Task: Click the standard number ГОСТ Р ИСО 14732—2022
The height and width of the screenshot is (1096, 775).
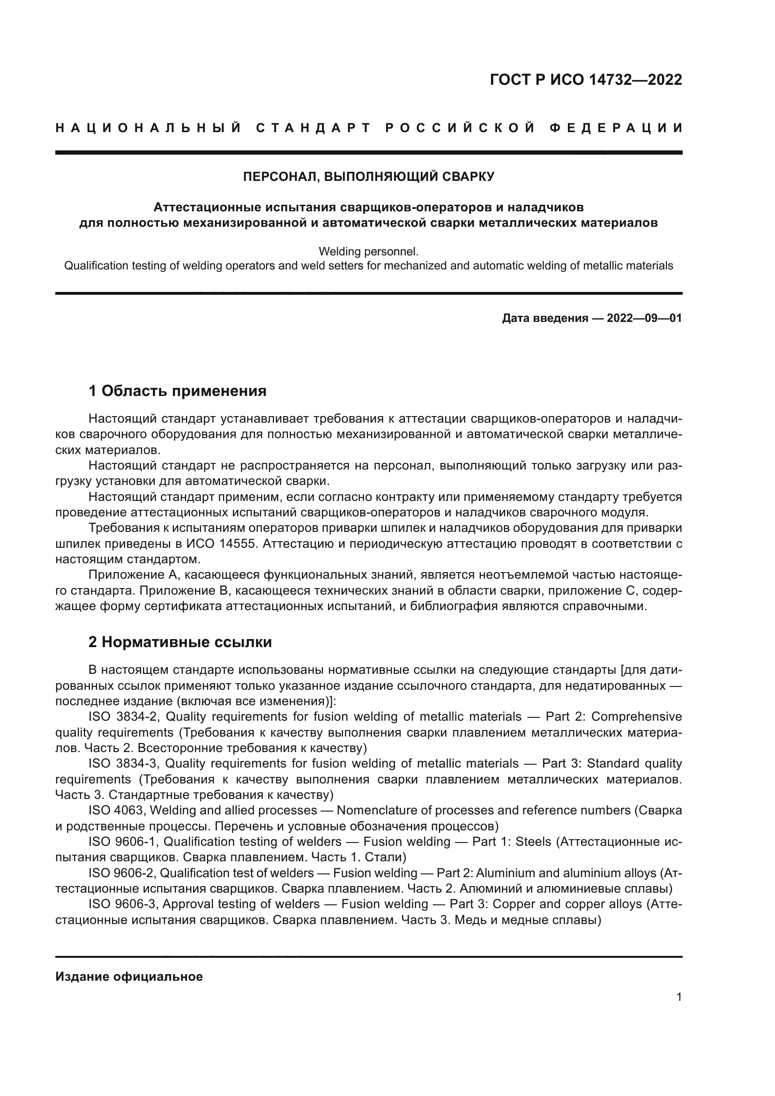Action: [x=586, y=80]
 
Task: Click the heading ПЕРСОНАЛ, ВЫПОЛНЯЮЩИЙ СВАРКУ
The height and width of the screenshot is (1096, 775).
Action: [x=368, y=177]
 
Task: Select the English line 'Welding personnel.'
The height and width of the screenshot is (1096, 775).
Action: [x=368, y=251]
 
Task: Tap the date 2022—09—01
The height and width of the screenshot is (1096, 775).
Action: [x=644, y=318]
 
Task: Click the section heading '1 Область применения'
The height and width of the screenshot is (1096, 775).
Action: [x=178, y=391]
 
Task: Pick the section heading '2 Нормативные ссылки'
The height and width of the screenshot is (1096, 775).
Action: [x=180, y=642]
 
